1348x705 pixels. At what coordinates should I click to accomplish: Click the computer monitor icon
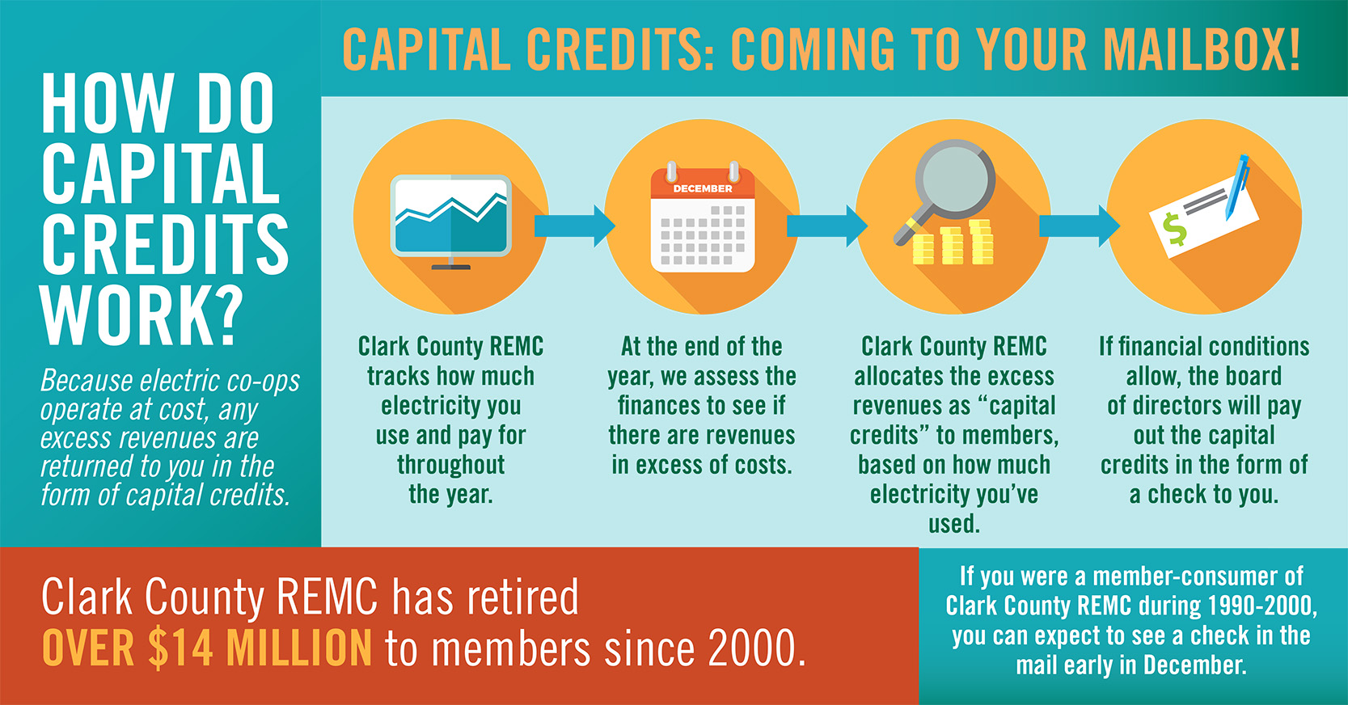pyautogui.click(x=450, y=221)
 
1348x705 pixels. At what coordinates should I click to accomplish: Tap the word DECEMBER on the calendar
pyautogui.click(x=702, y=188)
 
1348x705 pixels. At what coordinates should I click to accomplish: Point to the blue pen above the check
pyautogui.click(x=1237, y=187)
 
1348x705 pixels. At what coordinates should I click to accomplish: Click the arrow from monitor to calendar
pyautogui.click(x=575, y=226)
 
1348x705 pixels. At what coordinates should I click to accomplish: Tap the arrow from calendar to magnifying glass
pyautogui.click(x=827, y=226)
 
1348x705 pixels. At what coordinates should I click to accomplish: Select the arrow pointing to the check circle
pyautogui.click(x=1080, y=226)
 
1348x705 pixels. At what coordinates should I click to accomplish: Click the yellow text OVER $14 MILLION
pyautogui.click(x=207, y=648)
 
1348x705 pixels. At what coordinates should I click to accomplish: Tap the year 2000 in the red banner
pyautogui.click(x=756, y=648)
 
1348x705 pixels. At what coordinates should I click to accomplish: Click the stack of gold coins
pyautogui.click(x=953, y=243)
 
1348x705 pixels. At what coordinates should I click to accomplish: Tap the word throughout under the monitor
pyautogui.click(x=450, y=465)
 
